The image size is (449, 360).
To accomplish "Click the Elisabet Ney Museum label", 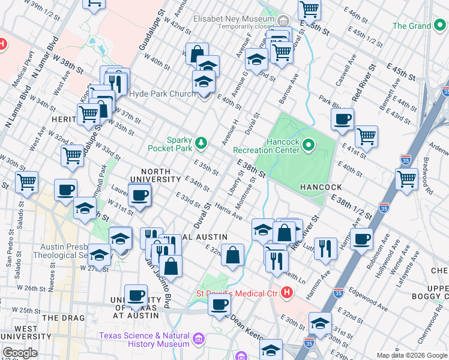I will [x=234, y=18].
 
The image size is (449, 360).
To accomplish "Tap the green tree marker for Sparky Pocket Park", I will [x=201, y=143].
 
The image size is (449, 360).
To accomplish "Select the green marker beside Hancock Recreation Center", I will [x=309, y=145].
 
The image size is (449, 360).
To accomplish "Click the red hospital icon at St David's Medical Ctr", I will [x=288, y=293].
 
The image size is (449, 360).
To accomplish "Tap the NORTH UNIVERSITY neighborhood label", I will [x=161, y=179].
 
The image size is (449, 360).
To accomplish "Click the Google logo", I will [x=20, y=353].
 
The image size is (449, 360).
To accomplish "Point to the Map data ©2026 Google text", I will [x=412, y=355].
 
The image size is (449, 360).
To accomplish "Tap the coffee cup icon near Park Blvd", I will [x=342, y=119].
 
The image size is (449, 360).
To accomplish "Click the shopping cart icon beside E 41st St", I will [x=366, y=136].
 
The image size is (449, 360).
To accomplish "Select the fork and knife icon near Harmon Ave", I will [x=325, y=247].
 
